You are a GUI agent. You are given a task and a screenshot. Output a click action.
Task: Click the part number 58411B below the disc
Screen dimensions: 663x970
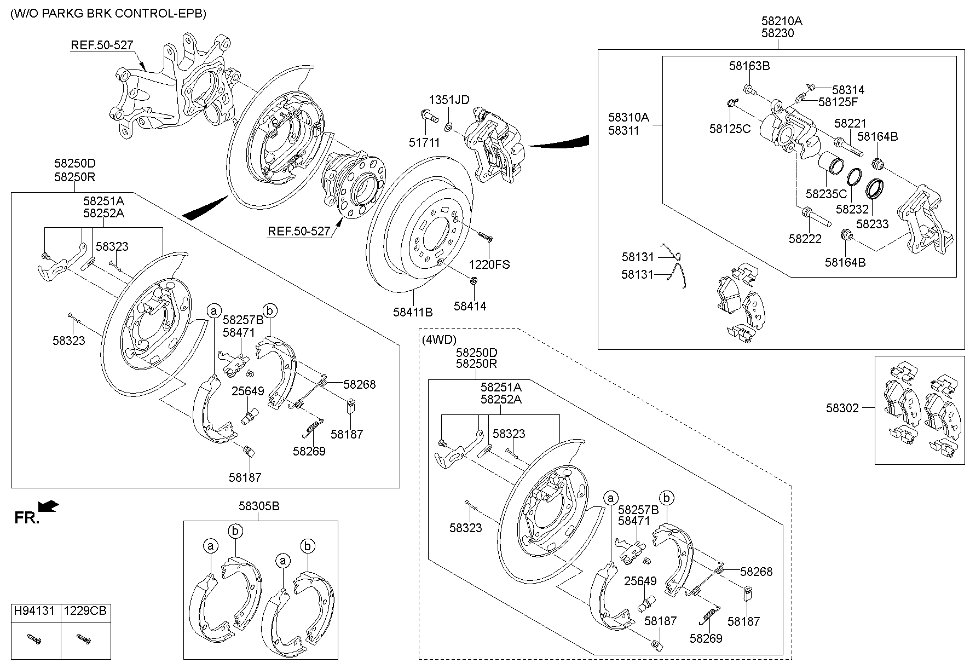point(412,312)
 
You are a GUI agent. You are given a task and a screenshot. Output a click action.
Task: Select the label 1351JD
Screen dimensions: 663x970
point(448,100)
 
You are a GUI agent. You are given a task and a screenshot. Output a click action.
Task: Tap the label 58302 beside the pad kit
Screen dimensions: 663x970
point(842,408)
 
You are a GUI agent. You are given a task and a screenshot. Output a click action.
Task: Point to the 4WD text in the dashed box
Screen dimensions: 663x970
point(438,339)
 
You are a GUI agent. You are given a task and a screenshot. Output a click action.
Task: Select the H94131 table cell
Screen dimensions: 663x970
point(34,610)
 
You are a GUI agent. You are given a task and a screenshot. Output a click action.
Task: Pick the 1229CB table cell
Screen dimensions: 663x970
point(84,610)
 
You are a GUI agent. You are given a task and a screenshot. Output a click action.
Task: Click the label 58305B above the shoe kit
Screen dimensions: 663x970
point(258,506)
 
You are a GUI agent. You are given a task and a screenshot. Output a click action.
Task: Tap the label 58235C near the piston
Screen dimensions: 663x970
point(825,194)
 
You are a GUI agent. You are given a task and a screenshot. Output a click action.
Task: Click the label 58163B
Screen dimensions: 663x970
point(749,66)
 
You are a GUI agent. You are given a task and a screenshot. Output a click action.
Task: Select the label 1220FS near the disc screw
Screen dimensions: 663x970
point(489,264)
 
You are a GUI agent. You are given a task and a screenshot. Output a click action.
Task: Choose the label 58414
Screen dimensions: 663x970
point(470,306)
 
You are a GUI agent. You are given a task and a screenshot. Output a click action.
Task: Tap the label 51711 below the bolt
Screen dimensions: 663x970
point(424,142)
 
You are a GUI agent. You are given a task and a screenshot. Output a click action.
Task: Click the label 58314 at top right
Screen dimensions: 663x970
point(848,90)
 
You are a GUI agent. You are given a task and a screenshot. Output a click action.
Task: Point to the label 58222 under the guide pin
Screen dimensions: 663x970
point(805,239)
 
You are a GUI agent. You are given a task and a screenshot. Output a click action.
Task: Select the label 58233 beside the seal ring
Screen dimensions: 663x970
point(872,224)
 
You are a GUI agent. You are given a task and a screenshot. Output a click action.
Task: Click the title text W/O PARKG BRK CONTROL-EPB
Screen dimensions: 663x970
point(108,13)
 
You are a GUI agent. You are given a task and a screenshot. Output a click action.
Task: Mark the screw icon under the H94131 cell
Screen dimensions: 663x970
point(34,639)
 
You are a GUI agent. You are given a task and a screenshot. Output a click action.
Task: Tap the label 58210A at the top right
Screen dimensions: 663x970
point(781,21)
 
